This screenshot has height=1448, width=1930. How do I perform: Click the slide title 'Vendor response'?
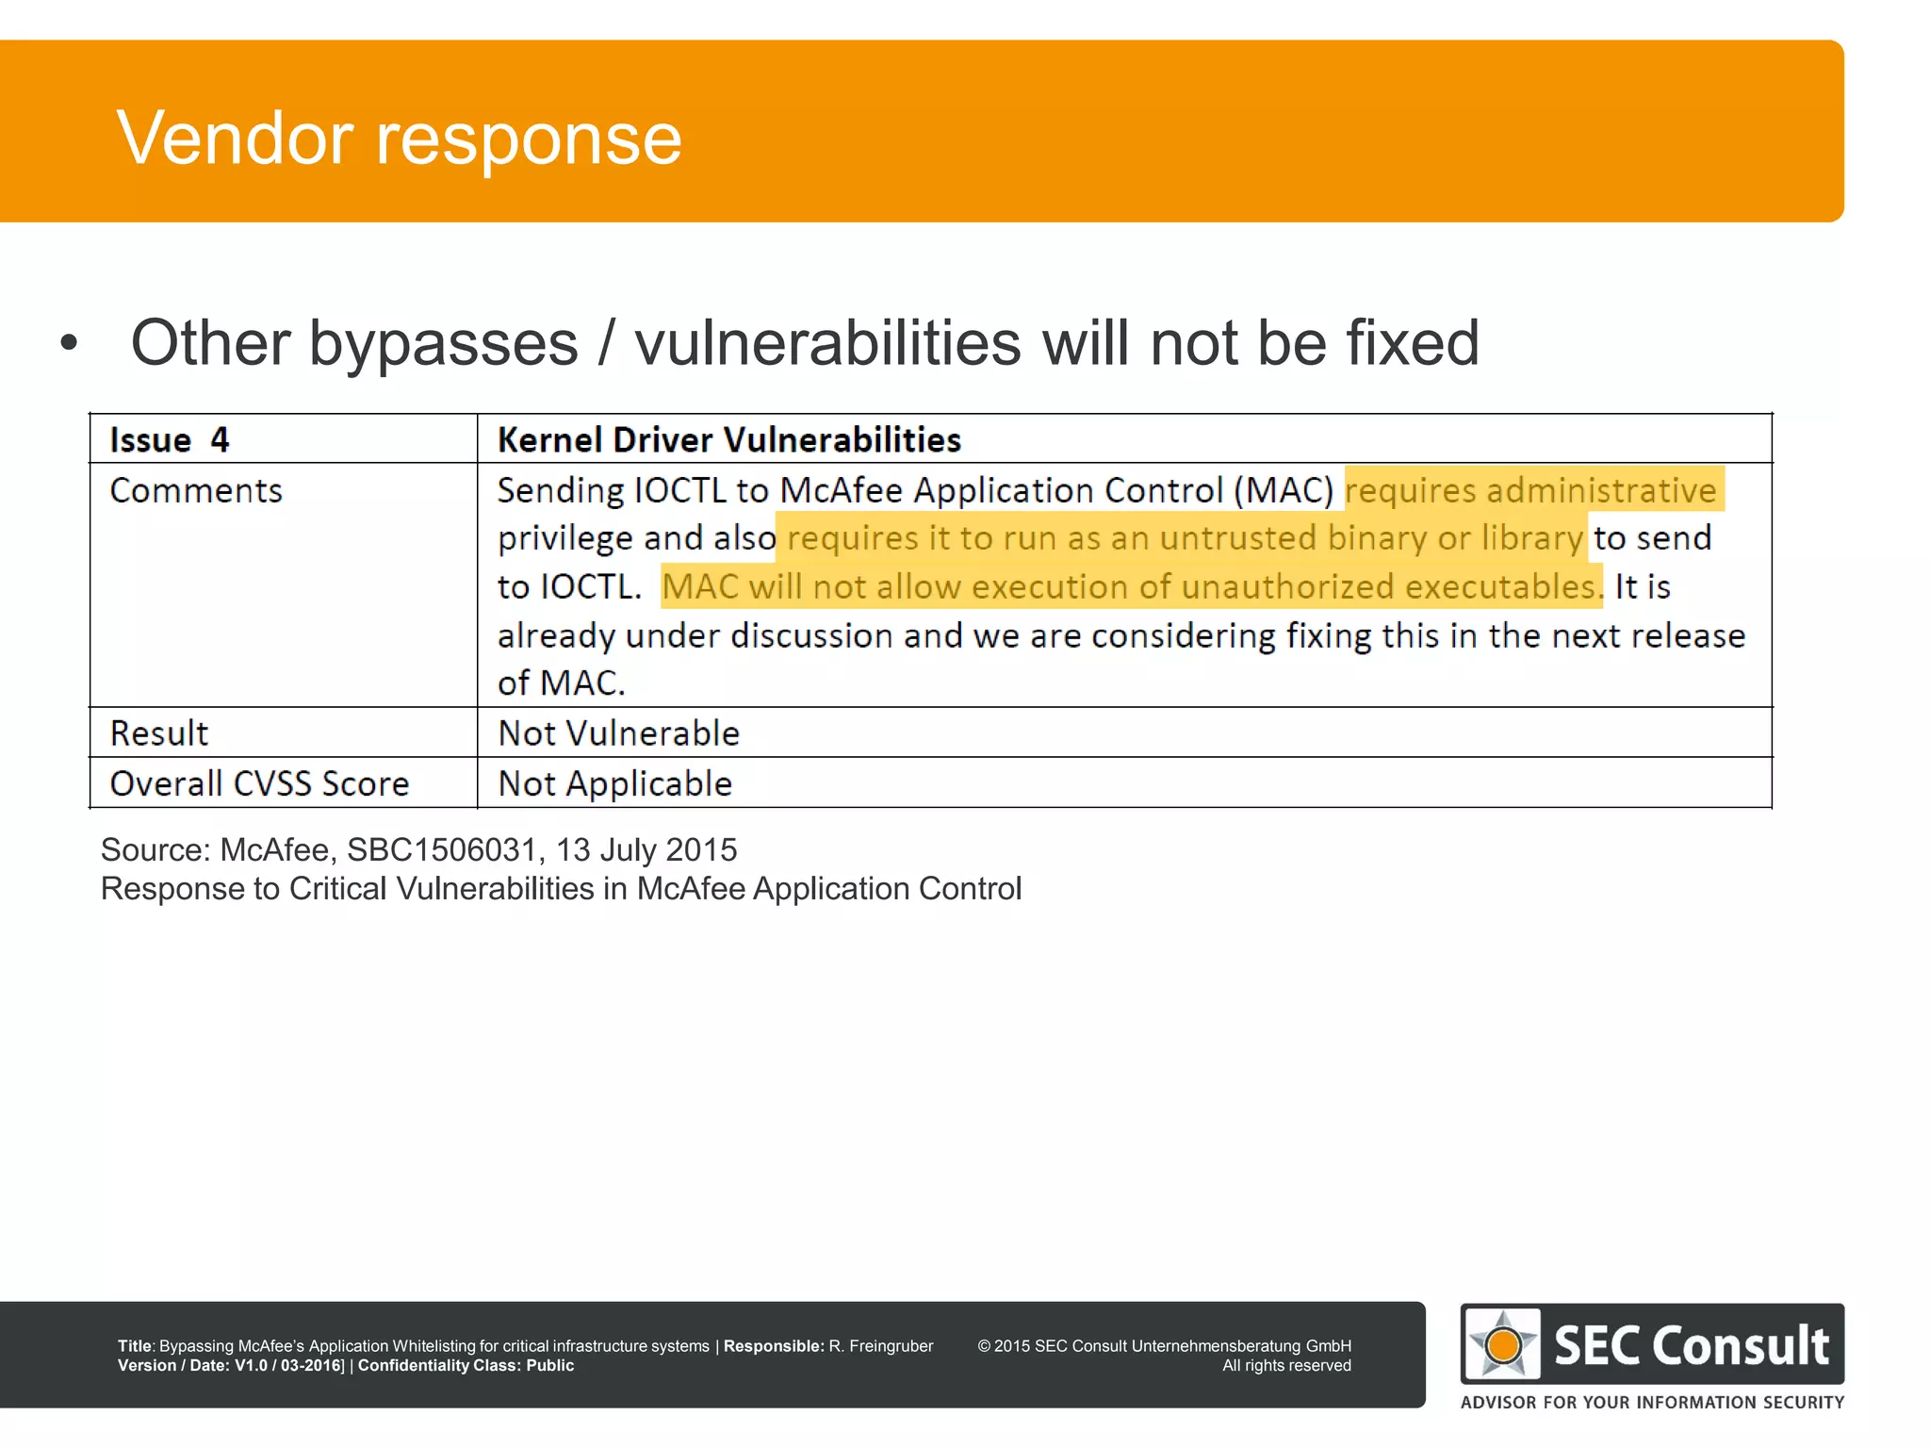[x=399, y=139]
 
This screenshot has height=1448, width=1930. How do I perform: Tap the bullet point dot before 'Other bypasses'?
[x=68, y=343]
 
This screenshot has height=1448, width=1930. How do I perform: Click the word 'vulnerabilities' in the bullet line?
[x=827, y=343]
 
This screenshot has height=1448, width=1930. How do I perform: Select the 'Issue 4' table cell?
[x=170, y=440]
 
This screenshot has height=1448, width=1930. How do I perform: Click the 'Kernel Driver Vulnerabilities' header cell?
[x=728, y=440]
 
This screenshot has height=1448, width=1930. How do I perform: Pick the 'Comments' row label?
[x=196, y=491]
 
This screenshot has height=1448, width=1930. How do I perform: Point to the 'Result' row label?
[x=159, y=733]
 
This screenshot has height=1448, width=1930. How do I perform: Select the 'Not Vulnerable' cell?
[x=618, y=733]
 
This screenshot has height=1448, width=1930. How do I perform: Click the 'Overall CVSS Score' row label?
[x=259, y=784]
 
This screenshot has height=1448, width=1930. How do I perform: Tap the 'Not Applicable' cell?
[x=614, y=784]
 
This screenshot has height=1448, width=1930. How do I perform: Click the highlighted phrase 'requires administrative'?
[x=1530, y=491]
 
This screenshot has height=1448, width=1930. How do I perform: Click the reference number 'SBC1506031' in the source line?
[x=441, y=850]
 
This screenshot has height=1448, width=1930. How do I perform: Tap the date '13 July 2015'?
[x=646, y=850]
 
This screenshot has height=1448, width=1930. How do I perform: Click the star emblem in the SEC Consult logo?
[x=1503, y=1344]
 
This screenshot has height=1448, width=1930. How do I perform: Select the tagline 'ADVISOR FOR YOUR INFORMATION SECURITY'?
[x=1652, y=1403]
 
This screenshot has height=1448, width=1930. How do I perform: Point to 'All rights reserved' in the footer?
[x=1286, y=1366]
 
